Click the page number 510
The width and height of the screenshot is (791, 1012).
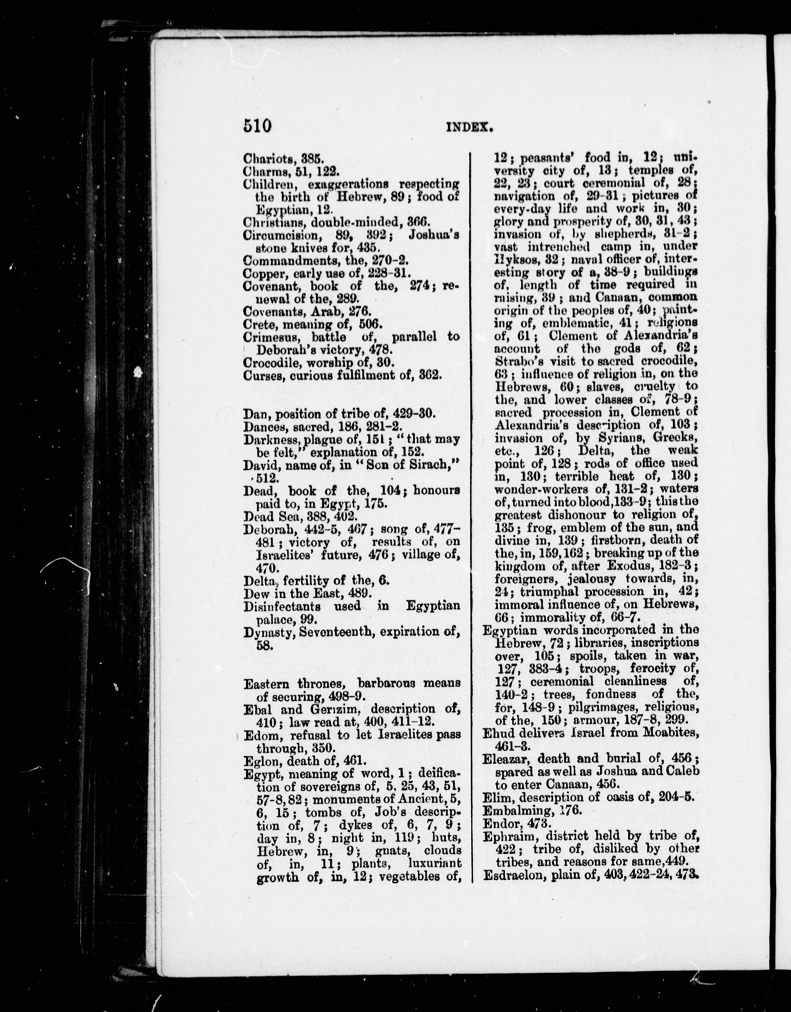[257, 126]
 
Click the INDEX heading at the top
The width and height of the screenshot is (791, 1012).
[469, 127]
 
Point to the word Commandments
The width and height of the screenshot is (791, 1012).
[282, 260]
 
